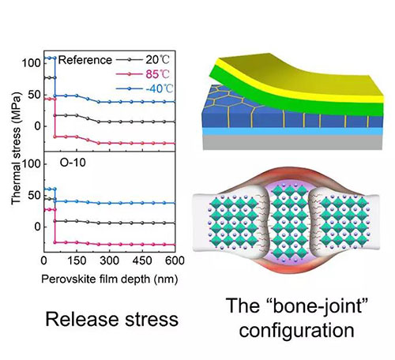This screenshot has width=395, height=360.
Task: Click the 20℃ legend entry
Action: coord(143,60)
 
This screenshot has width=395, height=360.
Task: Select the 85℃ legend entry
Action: coord(143,74)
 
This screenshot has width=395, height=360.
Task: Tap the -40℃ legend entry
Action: coord(145,88)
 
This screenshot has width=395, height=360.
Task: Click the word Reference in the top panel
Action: coord(85,60)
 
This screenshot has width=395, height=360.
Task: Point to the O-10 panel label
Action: coord(73,163)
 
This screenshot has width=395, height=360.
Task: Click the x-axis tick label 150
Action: coord(77,261)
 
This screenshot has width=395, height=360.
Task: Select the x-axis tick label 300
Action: coord(109,261)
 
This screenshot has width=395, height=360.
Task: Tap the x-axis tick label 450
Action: coord(142,261)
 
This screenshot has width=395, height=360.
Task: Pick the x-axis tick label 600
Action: coord(175,261)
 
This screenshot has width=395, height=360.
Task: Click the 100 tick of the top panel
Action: coord(32,63)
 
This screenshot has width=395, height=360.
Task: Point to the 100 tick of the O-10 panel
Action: coord(32,164)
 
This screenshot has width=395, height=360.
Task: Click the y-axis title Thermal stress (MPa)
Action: coord(16,148)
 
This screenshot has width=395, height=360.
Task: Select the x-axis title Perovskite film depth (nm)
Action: coord(110,279)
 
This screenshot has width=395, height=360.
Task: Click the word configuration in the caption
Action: coord(296,331)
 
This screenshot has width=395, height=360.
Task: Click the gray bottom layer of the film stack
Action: coord(292,143)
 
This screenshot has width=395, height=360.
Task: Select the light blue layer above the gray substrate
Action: coord(292,132)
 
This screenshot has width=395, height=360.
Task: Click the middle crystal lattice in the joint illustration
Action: coord(289,223)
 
